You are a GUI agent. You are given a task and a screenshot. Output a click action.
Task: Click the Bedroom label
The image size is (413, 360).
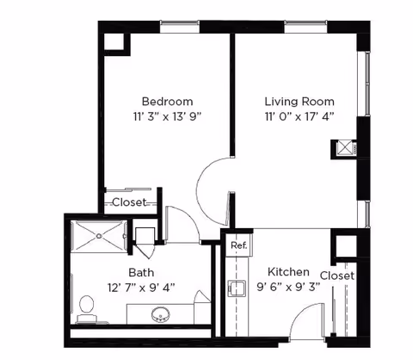pos(167,102)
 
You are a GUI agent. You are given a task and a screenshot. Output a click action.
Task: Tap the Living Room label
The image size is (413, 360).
pos(299,102)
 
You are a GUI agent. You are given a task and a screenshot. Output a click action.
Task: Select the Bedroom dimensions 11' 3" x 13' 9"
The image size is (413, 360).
pos(167,117)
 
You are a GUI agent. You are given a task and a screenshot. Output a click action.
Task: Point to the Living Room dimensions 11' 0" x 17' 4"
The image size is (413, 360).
pos(299,117)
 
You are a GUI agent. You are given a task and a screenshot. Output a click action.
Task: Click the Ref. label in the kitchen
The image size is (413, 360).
pos(238,245)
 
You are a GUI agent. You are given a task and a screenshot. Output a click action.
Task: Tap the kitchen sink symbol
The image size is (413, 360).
pos(237,288)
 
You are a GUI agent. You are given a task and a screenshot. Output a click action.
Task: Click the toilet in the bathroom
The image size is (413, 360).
pos(86,309)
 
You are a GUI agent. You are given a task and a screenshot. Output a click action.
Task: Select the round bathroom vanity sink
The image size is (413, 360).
pos(161,314)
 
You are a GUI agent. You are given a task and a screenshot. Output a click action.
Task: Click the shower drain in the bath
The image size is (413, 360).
pos(99,236)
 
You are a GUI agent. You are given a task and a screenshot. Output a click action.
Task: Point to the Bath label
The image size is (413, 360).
pos(141,272)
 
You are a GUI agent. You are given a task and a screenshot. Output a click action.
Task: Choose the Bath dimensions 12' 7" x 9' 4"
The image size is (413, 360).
pos(141,288)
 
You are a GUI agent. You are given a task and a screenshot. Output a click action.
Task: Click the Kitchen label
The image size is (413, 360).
pos(288,272)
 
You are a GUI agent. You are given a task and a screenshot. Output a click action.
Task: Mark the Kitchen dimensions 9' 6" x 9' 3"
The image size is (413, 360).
pos(288,287)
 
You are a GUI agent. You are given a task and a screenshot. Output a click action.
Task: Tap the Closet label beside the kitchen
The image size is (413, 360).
pos(337,276)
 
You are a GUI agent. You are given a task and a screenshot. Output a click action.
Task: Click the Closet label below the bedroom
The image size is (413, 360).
pos(129,202)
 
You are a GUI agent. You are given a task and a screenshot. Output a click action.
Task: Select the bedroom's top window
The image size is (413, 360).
pos(180,27)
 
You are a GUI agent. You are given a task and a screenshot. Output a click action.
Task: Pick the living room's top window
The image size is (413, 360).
pos(305,27)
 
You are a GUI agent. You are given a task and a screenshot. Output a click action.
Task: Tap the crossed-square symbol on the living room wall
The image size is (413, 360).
pos(344,149)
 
